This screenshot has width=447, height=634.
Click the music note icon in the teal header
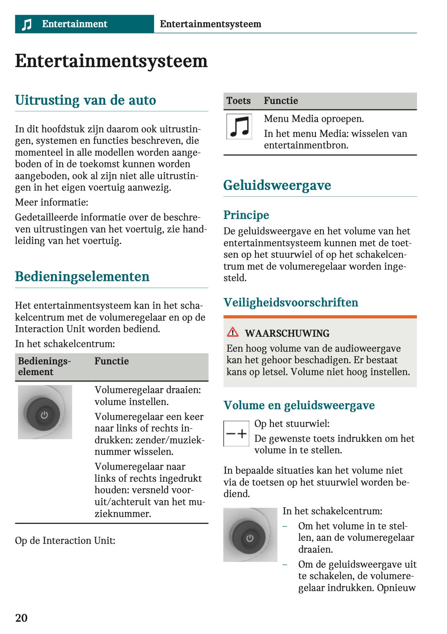click(26, 25)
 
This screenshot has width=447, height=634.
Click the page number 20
click(21, 618)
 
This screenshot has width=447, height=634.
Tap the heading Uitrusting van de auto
click(86, 100)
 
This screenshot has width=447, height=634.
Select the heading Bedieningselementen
click(82, 277)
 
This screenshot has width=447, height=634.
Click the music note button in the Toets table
click(239, 127)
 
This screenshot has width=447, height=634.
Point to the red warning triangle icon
click(233, 332)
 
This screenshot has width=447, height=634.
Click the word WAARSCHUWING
click(287, 333)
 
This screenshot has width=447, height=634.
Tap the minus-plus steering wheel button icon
click(236, 433)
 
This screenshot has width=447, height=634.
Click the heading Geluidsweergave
click(277, 185)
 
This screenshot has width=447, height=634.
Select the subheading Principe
click(246, 215)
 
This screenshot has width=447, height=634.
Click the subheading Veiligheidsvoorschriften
click(291, 302)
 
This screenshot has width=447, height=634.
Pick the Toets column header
click(238, 101)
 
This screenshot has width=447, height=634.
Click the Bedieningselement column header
click(44, 366)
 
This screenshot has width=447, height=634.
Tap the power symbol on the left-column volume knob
click(45, 415)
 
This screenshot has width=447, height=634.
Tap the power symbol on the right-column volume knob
click(250, 538)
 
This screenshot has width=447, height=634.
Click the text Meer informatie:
click(51, 202)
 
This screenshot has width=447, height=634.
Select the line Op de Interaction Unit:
click(65, 540)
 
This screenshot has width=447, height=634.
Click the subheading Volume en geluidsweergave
click(299, 405)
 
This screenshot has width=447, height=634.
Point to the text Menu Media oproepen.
click(314, 119)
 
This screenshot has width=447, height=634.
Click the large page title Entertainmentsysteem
click(111, 61)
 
